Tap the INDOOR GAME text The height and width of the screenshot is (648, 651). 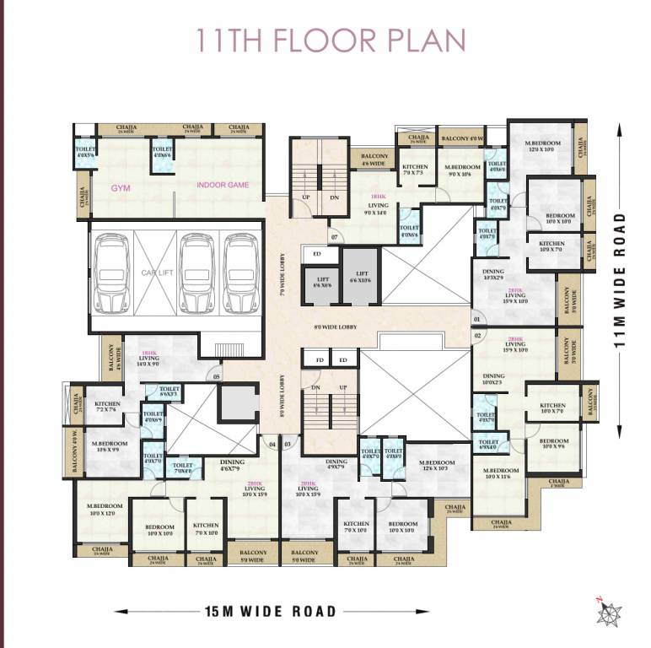click(223, 185)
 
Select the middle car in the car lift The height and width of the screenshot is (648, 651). click(196, 272)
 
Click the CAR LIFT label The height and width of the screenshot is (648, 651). click(157, 273)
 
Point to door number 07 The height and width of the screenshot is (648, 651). click(335, 237)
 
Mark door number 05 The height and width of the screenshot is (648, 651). click(217, 376)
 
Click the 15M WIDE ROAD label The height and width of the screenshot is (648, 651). click(270, 611)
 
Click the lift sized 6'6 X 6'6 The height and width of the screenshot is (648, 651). click(322, 283)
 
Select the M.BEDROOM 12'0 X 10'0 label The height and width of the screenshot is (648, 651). click(540, 147)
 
